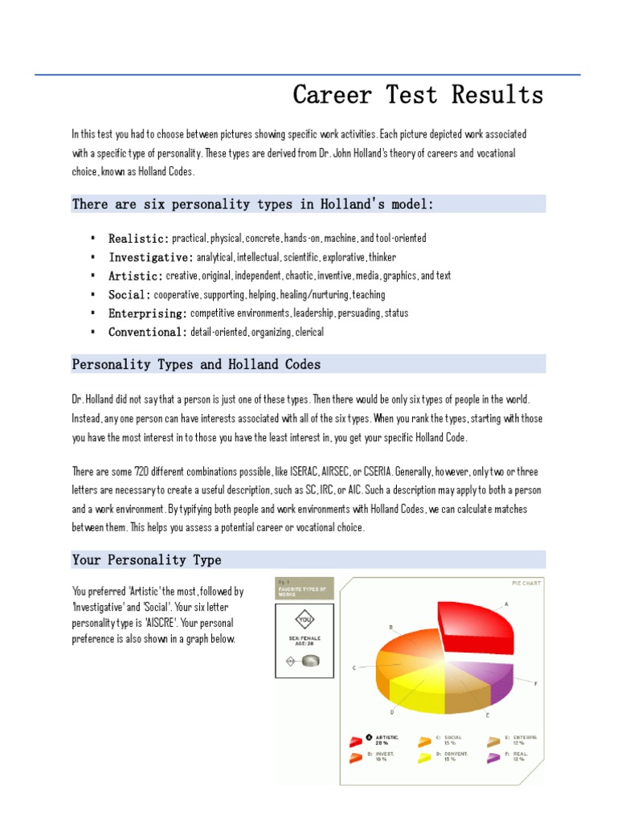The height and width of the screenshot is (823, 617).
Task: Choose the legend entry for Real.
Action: pos(514,757)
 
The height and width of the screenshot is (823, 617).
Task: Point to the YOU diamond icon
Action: pos(304,620)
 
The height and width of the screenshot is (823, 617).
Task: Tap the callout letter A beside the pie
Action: pos(506,604)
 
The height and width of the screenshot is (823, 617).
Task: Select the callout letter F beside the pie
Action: pos(535,683)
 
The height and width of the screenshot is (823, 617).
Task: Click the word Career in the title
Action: pos(332,95)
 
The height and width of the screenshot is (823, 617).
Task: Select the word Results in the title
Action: pos(497,95)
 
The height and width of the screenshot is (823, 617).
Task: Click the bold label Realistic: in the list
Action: pos(138,239)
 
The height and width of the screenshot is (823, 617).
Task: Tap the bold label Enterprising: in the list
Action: pos(148,313)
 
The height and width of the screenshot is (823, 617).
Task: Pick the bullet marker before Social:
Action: pos(93,294)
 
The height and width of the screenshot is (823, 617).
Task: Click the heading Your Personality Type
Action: pos(146,560)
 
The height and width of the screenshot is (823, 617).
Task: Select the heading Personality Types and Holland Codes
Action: pos(196,365)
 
